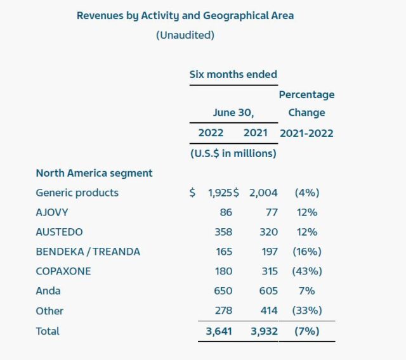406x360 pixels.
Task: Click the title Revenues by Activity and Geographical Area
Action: [x=185, y=15]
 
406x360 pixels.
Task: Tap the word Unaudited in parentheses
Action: [x=185, y=35]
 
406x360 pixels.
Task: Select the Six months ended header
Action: [x=233, y=74]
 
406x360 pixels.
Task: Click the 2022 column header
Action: [x=211, y=133]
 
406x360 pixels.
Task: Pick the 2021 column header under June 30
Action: [x=256, y=133]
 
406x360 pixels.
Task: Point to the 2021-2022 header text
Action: [x=306, y=133]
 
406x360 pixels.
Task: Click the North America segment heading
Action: [x=94, y=172]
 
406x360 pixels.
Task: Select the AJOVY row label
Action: [x=52, y=212]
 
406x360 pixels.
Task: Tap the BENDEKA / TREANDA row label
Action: [x=88, y=252]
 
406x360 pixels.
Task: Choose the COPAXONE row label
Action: [x=63, y=271]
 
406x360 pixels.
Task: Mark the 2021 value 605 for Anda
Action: [x=268, y=291]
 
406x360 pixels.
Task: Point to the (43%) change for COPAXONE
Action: [x=307, y=271]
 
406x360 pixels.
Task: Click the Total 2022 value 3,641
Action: [x=216, y=331]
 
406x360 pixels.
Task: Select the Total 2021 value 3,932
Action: [x=261, y=331]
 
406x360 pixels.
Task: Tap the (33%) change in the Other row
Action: [x=307, y=311]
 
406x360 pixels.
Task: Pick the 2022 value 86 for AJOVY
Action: [x=226, y=212]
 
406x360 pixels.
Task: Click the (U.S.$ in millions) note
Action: [x=233, y=153]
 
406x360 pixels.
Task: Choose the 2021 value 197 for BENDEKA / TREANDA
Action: [x=268, y=252]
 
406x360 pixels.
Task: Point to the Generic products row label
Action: [x=77, y=193]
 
